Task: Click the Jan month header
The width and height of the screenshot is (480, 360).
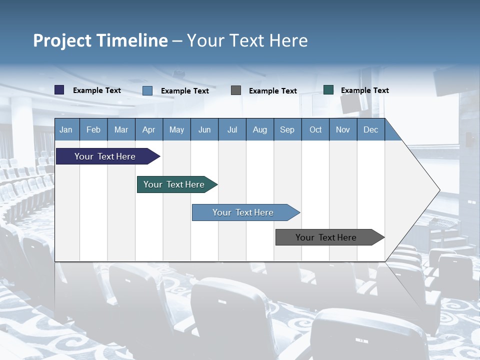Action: pyautogui.click(x=66, y=129)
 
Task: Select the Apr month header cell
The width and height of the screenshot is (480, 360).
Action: pyautogui.click(x=149, y=129)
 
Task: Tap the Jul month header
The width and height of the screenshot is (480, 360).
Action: pyautogui.click(x=232, y=129)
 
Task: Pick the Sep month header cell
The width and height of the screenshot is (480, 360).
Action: pyautogui.click(x=287, y=129)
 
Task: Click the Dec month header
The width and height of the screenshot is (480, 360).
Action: pyautogui.click(x=370, y=129)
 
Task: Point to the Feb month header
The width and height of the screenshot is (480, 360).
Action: pyautogui.click(x=93, y=129)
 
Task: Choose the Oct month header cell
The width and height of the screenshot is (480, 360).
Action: pyautogui.click(x=315, y=129)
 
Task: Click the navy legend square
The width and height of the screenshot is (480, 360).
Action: pyautogui.click(x=59, y=90)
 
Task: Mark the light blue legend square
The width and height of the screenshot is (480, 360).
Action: pyautogui.click(x=147, y=90)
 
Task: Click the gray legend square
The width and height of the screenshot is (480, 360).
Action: pyautogui.click(x=236, y=90)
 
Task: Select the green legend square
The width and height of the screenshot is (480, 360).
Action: pyautogui.click(x=328, y=90)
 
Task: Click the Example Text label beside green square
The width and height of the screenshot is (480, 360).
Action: pyautogui.click(x=364, y=90)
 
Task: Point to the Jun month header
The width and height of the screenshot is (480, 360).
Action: pyautogui.click(x=204, y=129)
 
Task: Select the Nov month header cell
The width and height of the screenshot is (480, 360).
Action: pyautogui.click(x=343, y=129)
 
